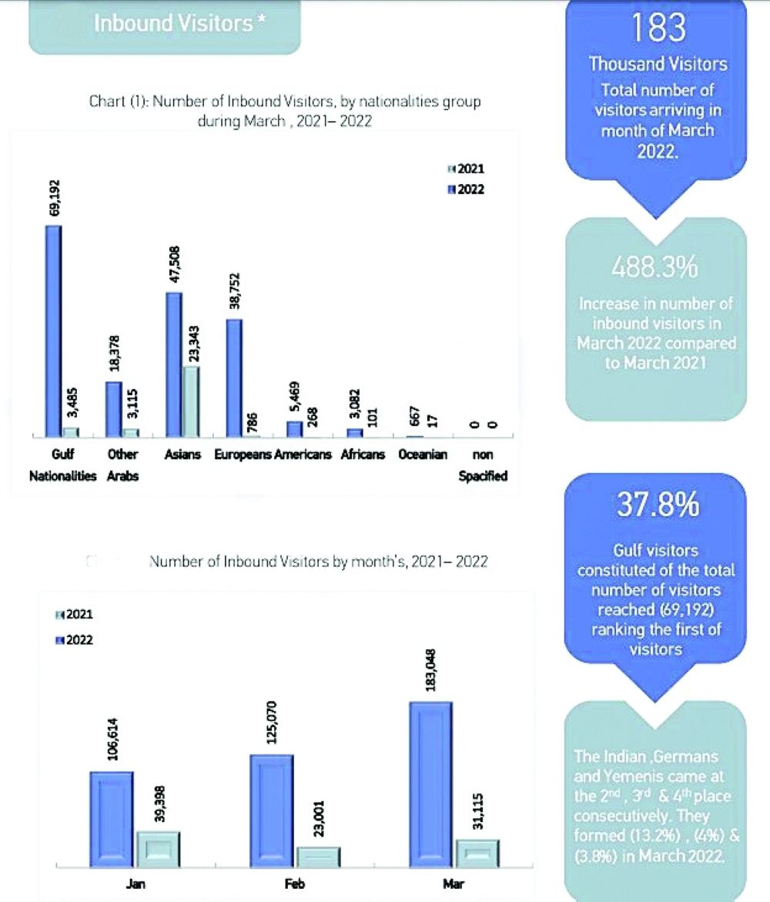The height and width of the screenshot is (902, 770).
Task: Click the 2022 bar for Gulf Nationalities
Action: (x=52, y=331)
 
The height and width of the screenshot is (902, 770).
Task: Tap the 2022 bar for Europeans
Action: (x=234, y=378)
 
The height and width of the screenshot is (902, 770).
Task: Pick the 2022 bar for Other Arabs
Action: (x=114, y=409)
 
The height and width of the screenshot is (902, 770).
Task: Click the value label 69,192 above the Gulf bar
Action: (x=54, y=200)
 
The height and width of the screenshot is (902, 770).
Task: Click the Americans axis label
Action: (x=303, y=454)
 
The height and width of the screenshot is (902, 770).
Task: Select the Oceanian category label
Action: (x=423, y=454)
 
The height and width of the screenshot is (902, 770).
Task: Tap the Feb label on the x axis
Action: (x=295, y=885)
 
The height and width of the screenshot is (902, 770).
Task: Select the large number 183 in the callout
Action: (x=657, y=29)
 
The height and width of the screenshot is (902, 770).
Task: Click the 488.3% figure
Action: (x=656, y=268)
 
